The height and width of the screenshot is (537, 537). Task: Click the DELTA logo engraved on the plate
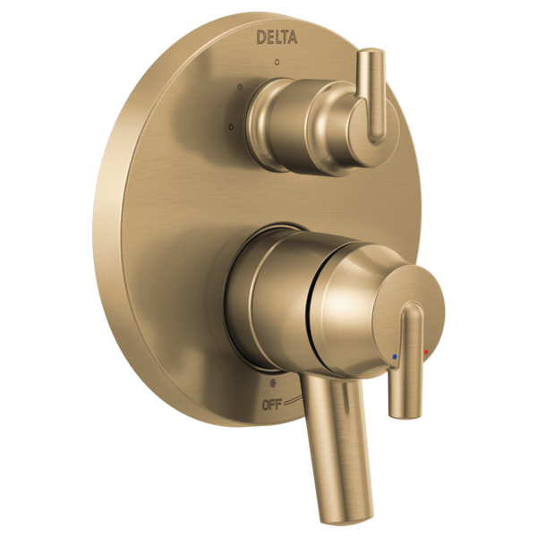[277, 37]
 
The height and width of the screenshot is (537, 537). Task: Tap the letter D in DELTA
[260, 38]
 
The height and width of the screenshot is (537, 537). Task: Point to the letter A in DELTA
[292, 37]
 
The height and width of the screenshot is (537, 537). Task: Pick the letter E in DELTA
[268, 38]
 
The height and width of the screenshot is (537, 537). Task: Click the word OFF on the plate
[271, 405]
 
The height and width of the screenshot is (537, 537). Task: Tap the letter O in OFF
[266, 405]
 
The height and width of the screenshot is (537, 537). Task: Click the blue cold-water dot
[395, 356]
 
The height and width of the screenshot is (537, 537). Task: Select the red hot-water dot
[426, 352]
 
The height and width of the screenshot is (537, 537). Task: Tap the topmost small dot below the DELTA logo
[277, 62]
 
